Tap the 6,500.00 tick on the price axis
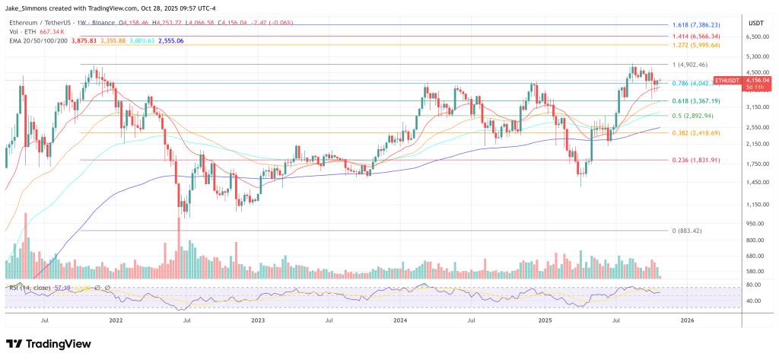[757, 37]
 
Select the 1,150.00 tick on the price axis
[757, 205]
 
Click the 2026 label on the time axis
[686, 321]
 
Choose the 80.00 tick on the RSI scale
[753, 285]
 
